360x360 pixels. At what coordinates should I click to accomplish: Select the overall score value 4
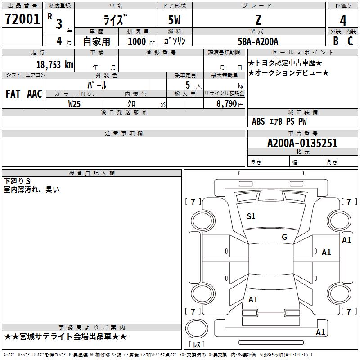click(x=343, y=21)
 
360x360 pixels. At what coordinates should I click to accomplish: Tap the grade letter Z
click(x=258, y=20)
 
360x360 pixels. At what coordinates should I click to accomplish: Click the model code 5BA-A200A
click(x=258, y=41)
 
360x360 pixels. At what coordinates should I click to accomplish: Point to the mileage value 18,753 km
click(x=54, y=64)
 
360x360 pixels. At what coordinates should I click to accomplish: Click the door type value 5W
click(x=175, y=20)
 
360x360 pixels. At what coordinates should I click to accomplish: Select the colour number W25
click(x=74, y=103)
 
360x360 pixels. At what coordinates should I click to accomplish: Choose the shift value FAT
click(x=13, y=94)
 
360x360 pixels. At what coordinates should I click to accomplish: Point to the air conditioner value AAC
click(x=35, y=94)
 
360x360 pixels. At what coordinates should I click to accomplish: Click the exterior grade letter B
click(x=336, y=41)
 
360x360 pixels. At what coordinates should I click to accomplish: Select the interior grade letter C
click(x=350, y=41)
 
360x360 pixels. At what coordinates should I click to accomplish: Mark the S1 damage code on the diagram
click(x=251, y=216)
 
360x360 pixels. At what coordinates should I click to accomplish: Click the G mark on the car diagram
click(x=284, y=237)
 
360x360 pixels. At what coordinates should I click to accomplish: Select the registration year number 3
click(x=59, y=23)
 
